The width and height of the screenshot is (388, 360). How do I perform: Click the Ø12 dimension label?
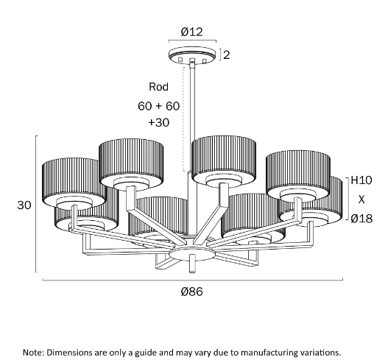click(191, 32)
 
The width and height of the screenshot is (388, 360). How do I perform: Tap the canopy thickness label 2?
click(227, 55)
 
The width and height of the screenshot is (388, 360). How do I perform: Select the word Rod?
click(158, 87)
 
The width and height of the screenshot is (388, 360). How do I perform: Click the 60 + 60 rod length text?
click(158, 106)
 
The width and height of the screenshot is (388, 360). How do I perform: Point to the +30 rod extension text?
click(159, 122)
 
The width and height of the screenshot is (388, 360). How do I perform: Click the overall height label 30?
click(24, 205)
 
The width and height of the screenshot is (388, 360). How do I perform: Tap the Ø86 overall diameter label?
click(192, 292)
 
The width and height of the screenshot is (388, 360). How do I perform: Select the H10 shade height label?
click(361, 180)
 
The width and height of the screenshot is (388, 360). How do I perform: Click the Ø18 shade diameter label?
click(361, 219)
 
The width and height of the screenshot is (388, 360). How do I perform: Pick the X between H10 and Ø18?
click(361, 200)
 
